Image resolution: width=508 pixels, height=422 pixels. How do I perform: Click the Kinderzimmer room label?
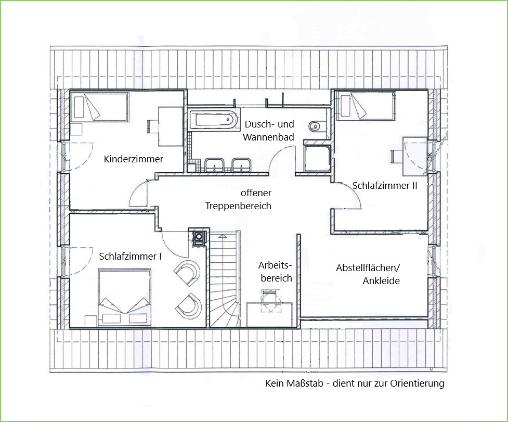(134, 159)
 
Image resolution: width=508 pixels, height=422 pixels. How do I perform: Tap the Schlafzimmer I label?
(130, 257)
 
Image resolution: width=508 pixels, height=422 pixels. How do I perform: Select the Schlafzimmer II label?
(385, 186)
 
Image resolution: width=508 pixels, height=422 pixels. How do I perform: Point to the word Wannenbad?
(268, 137)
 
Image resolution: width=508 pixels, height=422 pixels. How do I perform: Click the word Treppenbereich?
(238, 206)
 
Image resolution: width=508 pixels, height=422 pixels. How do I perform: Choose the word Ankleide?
(381, 280)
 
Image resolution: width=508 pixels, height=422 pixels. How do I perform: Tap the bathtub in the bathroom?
(214, 120)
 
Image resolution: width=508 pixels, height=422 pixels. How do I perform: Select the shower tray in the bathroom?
(317, 159)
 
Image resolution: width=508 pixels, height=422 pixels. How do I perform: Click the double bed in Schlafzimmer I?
(124, 297)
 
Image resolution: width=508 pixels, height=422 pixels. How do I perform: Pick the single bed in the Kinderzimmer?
(99, 107)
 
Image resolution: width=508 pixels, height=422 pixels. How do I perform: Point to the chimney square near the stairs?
(199, 238)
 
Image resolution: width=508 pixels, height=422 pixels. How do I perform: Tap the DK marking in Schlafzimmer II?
(429, 157)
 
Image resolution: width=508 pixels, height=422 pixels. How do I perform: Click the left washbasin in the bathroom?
(214, 165)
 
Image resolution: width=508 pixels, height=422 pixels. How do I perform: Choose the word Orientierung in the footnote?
(417, 383)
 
